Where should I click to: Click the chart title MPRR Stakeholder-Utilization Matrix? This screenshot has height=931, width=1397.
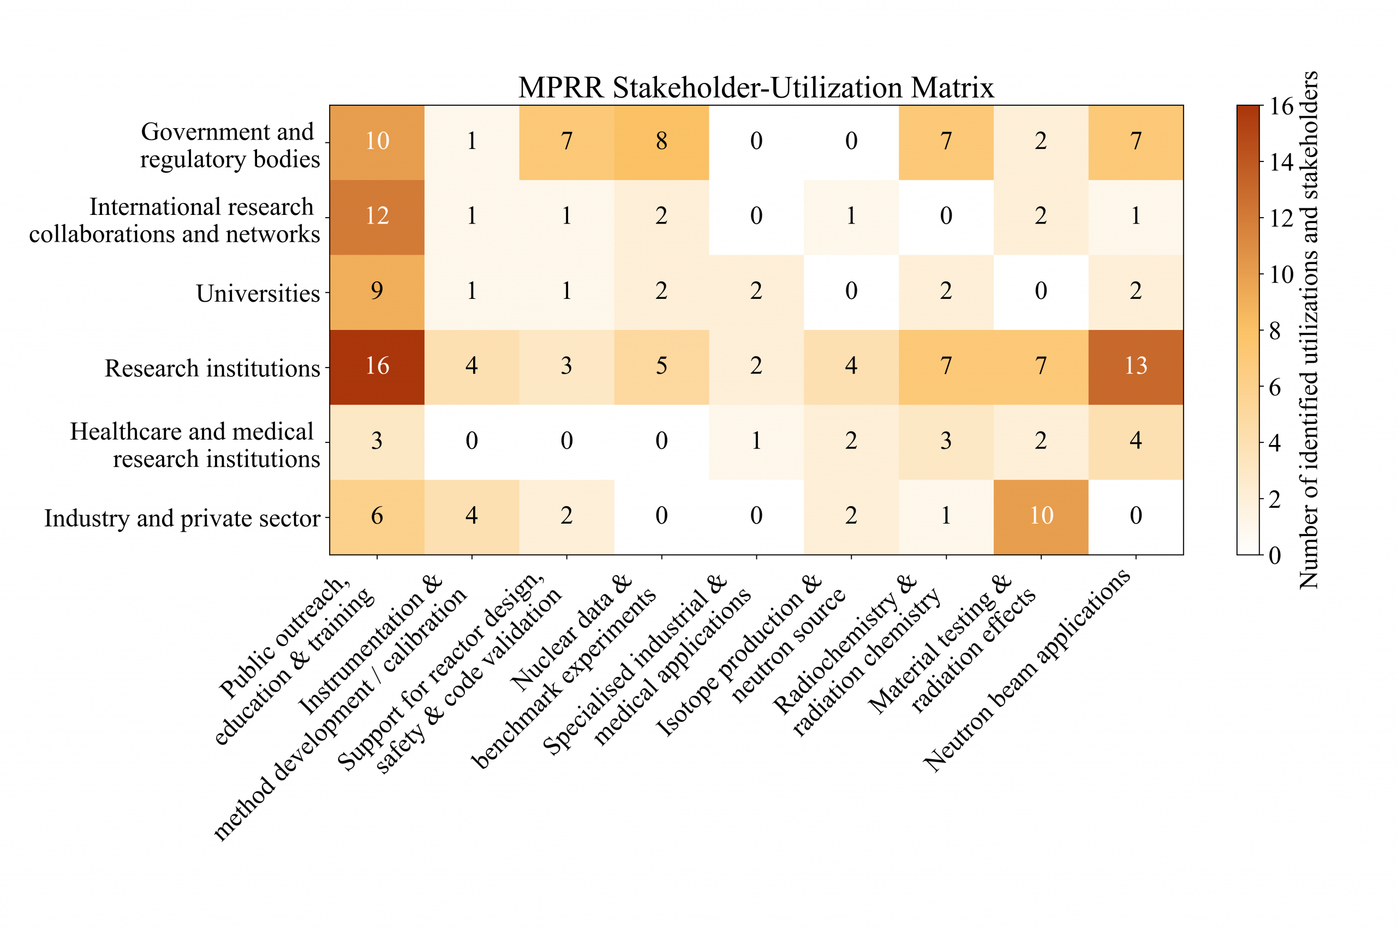click(x=755, y=88)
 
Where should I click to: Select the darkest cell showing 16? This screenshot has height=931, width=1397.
click(x=377, y=367)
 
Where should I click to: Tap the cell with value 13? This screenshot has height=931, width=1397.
click(x=1135, y=367)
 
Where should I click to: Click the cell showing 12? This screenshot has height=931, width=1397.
click(x=377, y=216)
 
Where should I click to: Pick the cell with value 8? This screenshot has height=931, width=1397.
click(x=661, y=141)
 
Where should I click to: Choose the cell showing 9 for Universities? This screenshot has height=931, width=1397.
click(x=377, y=291)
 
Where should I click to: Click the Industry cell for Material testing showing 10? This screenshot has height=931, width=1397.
click(x=1041, y=516)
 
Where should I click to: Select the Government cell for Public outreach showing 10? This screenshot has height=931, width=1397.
click(x=377, y=141)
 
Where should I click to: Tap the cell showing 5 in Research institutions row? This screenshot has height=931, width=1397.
click(x=661, y=367)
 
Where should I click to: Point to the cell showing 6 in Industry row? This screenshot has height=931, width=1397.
click(x=377, y=516)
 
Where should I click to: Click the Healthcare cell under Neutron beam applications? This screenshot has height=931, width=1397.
click(x=1135, y=441)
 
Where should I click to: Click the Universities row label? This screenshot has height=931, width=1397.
click(x=258, y=293)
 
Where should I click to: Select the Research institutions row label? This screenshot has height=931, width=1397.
click(x=212, y=369)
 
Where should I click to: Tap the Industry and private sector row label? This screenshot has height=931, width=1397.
click(x=182, y=518)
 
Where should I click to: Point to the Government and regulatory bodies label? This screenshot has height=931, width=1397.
click(x=229, y=146)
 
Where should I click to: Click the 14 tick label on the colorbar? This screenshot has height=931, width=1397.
click(x=1282, y=162)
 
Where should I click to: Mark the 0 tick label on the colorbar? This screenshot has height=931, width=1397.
click(x=1275, y=556)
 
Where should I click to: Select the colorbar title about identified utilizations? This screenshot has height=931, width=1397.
click(x=1309, y=330)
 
